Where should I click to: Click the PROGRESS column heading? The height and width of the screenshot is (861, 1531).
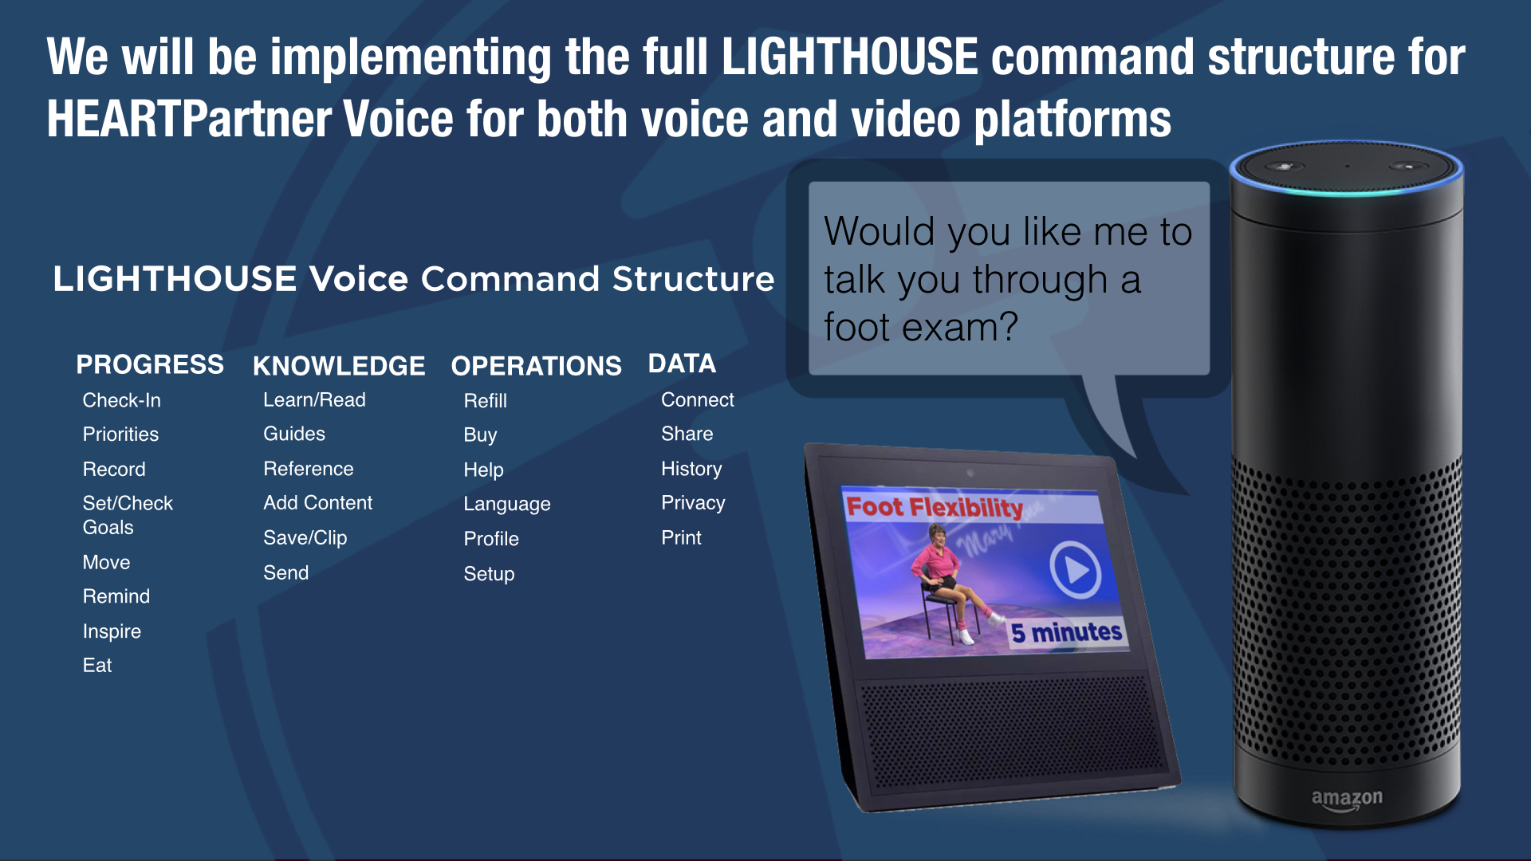pyautogui.click(x=150, y=364)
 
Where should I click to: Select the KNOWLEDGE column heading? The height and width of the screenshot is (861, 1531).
pyautogui.click(x=339, y=366)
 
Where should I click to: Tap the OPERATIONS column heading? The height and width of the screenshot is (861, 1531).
pyautogui.click(x=536, y=366)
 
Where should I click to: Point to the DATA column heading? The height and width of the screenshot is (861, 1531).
pyautogui.click(x=682, y=364)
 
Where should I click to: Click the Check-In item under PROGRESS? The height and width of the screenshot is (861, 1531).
pyautogui.click(x=121, y=400)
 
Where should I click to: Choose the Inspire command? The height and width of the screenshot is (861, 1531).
pyautogui.click(x=112, y=631)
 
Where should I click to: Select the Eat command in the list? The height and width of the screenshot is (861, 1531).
pyautogui.click(x=97, y=665)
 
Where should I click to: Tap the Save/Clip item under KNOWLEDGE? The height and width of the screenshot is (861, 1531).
pyautogui.click(x=305, y=538)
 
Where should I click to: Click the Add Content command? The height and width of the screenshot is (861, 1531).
pyautogui.click(x=317, y=503)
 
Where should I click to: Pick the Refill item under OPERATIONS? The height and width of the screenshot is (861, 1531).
pyautogui.click(x=485, y=401)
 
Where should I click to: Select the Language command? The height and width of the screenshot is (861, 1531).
pyautogui.click(x=507, y=505)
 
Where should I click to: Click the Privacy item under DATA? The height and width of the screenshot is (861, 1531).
pyautogui.click(x=693, y=503)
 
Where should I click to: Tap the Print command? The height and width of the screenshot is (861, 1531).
pyautogui.click(x=681, y=538)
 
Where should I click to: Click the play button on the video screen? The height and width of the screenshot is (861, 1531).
pyautogui.click(x=1075, y=569)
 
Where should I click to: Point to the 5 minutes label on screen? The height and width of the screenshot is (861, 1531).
pyautogui.click(x=1066, y=632)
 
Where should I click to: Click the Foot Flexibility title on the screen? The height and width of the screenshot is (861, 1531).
pyautogui.click(x=935, y=507)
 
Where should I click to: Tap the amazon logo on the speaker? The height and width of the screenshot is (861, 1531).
pyautogui.click(x=1347, y=800)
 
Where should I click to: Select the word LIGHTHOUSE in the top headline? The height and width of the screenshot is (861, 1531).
pyautogui.click(x=849, y=57)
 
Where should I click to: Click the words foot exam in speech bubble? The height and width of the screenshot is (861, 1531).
pyautogui.click(x=921, y=327)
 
